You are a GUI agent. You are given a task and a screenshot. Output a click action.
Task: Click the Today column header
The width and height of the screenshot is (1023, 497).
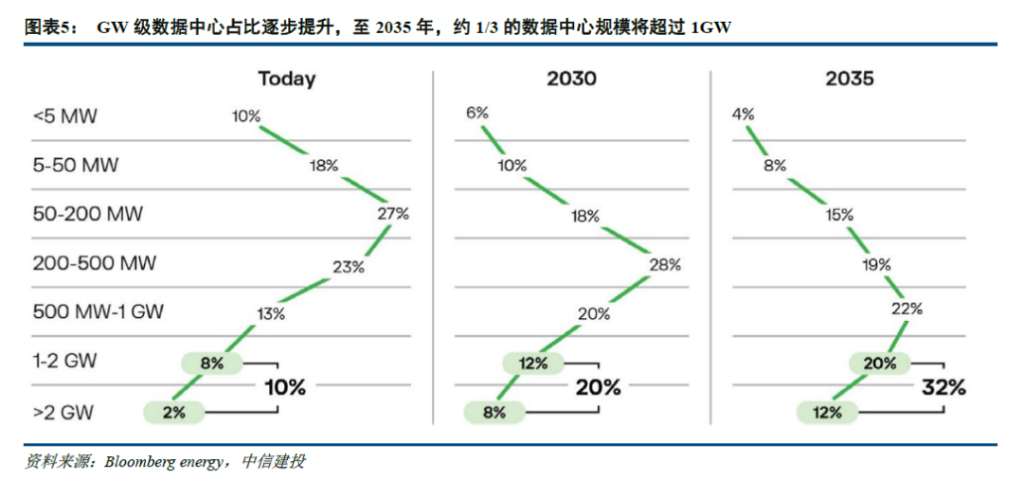pyautogui.click(x=286, y=79)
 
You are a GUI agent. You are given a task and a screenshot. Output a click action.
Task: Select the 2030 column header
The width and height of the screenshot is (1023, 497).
pyautogui.click(x=571, y=79)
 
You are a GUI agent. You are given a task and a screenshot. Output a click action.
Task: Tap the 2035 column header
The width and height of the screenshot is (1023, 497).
pyautogui.click(x=849, y=79)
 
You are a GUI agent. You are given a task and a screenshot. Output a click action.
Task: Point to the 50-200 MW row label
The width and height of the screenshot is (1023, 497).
pyautogui.click(x=88, y=214)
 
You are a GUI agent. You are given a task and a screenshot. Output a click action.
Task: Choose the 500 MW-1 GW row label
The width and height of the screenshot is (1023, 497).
pyautogui.click(x=99, y=311)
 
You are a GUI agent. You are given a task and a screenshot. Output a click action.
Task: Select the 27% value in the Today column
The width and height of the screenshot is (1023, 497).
pyautogui.click(x=392, y=214)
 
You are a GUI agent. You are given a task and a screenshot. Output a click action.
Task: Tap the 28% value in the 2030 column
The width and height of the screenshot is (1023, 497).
pyautogui.click(x=665, y=265)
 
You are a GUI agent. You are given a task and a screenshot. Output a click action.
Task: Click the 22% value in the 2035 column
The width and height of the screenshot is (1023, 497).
pyautogui.click(x=906, y=309)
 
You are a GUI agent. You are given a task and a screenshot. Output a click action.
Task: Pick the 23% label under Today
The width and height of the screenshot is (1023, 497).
pyautogui.click(x=348, y=267)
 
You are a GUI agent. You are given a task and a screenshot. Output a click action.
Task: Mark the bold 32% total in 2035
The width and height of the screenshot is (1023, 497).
pyautogui.click(x=944, y=387)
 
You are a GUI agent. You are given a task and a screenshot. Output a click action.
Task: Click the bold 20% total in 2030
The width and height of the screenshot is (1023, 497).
pyautogui.click(x=599, y=387)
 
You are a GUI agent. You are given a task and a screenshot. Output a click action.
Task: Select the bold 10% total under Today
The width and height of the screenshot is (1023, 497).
pyautogui.click(x=284, y=387)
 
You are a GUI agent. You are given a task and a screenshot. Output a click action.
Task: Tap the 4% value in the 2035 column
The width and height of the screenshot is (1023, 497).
pyautogui.click(x=743, y=115)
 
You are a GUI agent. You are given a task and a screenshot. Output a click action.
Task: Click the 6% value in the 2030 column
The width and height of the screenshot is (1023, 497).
pyautogui.click(x=476, y=114)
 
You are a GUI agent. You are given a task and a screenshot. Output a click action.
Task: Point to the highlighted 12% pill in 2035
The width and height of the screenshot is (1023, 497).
pyautogui.click(x=826, y=412)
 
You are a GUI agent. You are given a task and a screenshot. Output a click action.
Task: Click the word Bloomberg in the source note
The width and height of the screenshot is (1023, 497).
pyautogui.click(x=140, y=462)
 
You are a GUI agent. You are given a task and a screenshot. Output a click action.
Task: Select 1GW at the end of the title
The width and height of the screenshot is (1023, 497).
pyautogui.click(x=709, y=28)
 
